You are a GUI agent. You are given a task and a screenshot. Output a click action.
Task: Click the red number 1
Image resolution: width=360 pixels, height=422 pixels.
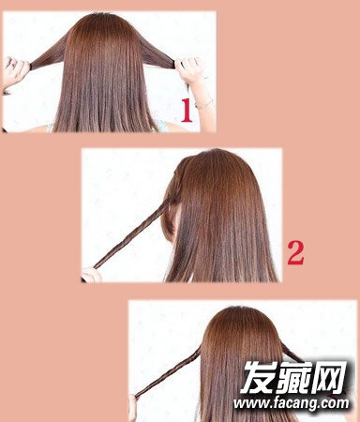[x=187, y=110]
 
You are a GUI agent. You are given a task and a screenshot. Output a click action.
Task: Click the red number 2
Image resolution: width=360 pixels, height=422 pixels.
[x=295, y=253]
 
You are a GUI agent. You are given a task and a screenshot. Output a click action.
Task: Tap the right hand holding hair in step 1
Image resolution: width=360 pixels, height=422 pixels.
[x=189, y=70]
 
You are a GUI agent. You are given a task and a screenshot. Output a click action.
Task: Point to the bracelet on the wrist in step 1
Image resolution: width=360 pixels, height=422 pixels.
[x=203, y=103]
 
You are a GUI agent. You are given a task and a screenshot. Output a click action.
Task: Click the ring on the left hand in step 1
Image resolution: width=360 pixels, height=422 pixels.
[x=13, y=65]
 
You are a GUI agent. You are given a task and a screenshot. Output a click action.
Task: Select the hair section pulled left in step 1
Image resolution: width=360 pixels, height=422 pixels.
[x=50, y=54]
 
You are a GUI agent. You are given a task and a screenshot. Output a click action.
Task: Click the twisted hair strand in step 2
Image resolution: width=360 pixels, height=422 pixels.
[x=133, y=233]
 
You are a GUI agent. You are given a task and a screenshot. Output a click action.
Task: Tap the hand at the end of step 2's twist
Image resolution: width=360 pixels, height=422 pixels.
[x=91, y=275]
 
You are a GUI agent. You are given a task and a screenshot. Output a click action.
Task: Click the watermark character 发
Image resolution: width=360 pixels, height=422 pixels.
[x=260, y=377]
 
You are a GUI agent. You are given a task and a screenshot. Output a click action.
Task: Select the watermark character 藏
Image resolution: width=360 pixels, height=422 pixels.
[x=294, y=377]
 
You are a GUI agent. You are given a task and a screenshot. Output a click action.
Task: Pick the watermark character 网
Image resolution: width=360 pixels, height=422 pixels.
[x=329, y=377]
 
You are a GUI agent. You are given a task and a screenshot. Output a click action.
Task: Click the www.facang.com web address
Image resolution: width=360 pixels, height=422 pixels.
[x=291, y=403]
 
